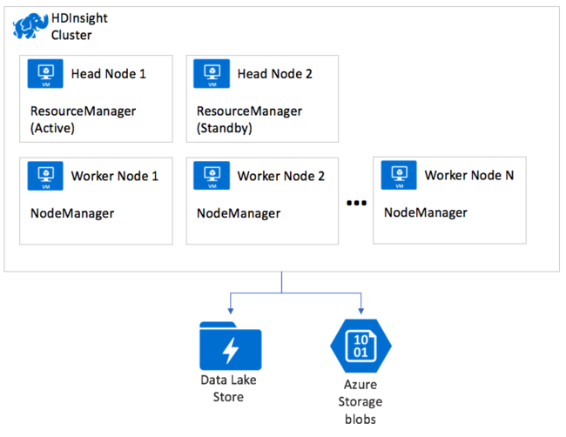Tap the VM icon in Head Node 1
point(44,75)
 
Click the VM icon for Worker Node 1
point(44,177)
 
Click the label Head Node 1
point(108,74)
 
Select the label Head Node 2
point(274,74)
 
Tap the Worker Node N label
point(468,175)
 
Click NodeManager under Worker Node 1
point(71,213)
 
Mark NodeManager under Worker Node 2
point(238,213)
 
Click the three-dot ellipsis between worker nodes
point(355,204)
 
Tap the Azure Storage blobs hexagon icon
point(360,346)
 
